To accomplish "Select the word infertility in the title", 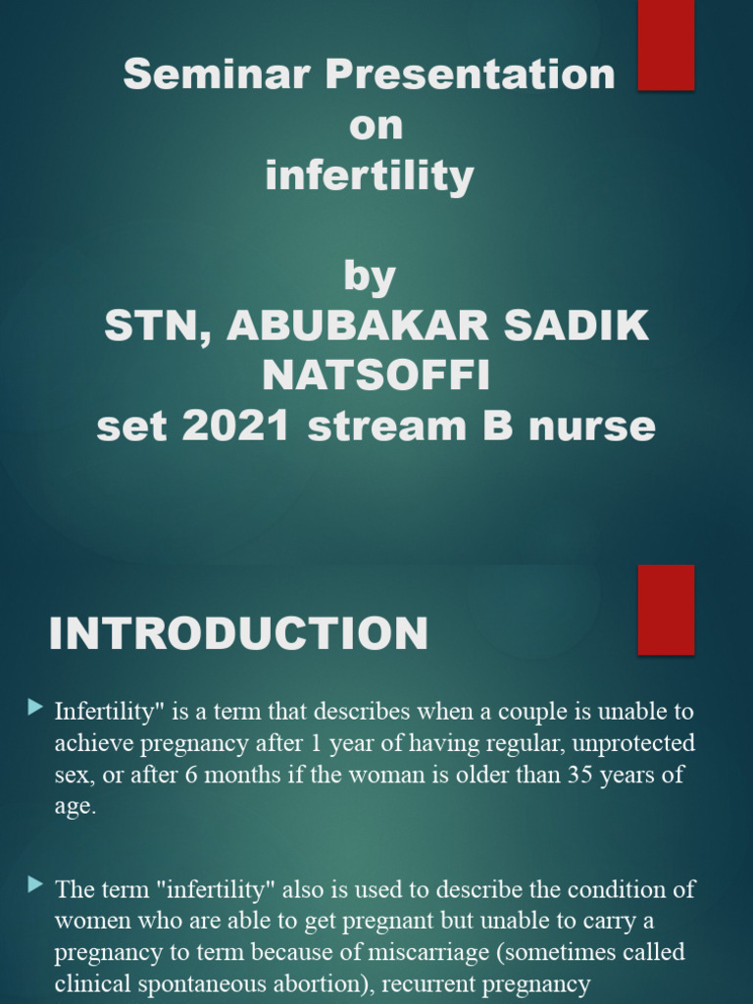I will click(370, 176).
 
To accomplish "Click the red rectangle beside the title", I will click(667, 44).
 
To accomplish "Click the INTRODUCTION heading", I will click(238, 633).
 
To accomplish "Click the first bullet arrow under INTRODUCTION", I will click(36, 706).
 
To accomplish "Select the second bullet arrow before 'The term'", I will click(36, 885).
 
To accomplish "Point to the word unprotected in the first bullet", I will click(633, 743).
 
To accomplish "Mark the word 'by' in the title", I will click(370, 276).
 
